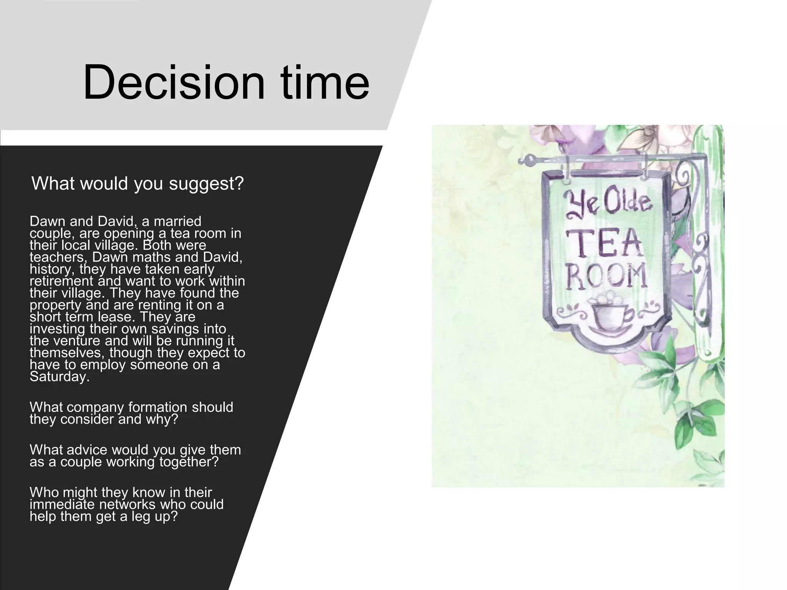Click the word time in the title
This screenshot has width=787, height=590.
click(x=325, y=82)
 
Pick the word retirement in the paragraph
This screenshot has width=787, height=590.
click(x=61, y=281)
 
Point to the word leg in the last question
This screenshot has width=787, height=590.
click(x=141, y=517)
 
